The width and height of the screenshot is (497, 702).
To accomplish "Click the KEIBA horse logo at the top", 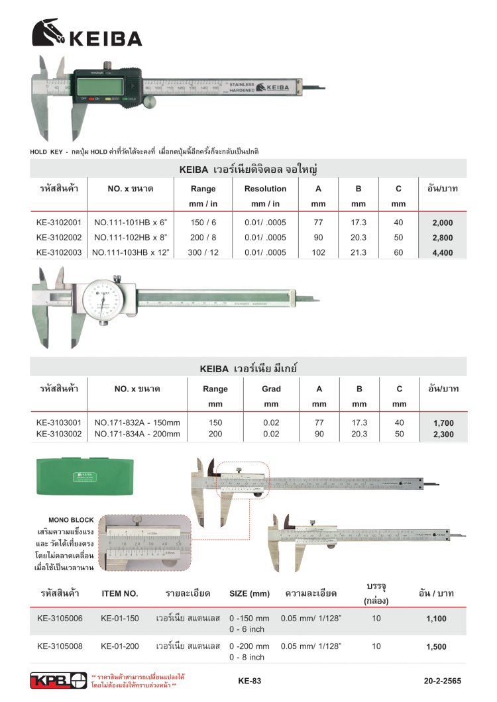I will click(x=48, y=33).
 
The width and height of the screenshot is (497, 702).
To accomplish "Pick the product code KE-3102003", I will click(x=58, y=252).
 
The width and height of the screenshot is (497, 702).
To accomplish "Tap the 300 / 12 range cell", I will click(x=203, y=252).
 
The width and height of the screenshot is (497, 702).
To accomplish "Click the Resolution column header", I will click(x=265, y=189).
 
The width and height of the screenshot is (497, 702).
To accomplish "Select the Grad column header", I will click(x=271, y=389).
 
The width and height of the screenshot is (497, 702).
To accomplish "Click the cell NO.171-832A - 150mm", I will click(x=137, y=423).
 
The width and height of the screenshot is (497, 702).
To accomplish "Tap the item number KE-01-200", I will click(x=120, y=646).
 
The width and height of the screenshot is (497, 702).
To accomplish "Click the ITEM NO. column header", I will click(x=120, y=593).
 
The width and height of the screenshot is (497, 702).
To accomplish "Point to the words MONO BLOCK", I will click(x=72, y=520).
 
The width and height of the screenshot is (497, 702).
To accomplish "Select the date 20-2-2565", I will click(x=442, y=681).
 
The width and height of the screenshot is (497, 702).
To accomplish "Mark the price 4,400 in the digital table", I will click(x=442, y=252).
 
